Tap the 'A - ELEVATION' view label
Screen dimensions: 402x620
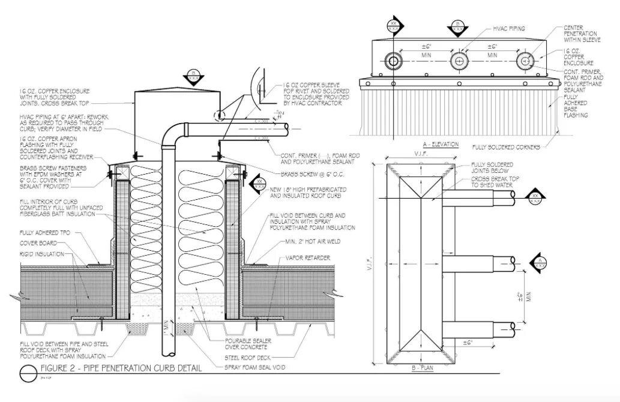pos(441,145)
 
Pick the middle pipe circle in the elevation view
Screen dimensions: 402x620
pos(459,61)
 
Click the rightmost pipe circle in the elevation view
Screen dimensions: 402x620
pos(525,61)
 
